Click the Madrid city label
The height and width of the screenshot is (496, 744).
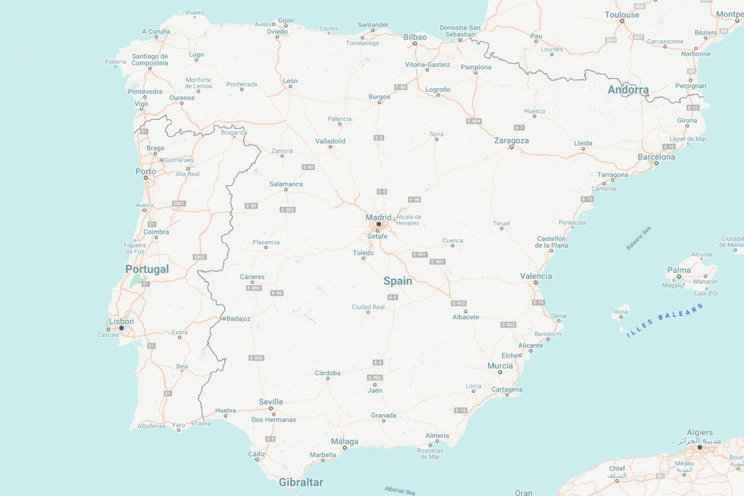pyautogui.click(x=378, y=217)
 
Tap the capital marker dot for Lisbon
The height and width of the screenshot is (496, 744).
pyautogui.click(x=122, y=328)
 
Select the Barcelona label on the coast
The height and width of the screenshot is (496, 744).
pyautogui.click(x=656, y=157)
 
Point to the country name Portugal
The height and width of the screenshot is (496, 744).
pyautogui.click(x=147, y=269)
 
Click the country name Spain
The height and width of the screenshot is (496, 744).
pyautogui.click(x=397, y=281)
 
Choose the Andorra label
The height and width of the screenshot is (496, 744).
pyautogui.click(x=628, y=90)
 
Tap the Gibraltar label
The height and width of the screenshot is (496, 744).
pyautogui.click(x=301, y=482)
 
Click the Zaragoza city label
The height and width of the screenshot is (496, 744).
pyautogui.click(x=511, y=141)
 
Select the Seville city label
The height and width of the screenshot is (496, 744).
pyautogui.click(x=271, y=402)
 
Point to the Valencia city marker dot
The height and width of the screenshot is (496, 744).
pyautogui.click(x=536, y=283)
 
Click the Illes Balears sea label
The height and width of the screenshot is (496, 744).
pyautogui.click(x=665, y=320)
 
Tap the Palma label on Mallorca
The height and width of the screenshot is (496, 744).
pyautogui.click(x=678, y=270)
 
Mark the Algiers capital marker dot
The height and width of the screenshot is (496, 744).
pyautogui.click(x=699, y=447)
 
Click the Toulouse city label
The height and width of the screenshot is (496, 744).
pyautogui.click(x=622, y=15)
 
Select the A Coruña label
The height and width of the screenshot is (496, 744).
pyautogui.click(x=156, y=32)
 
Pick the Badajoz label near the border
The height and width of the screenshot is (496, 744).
pyautogui.click(x=238, y=319)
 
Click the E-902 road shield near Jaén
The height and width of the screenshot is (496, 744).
pyautogui.click(x=374, y=378)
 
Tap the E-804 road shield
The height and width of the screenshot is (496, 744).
pyautogui.click(x=474, y=121)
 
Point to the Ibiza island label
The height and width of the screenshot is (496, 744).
pyautogui.click(x=619, y=311)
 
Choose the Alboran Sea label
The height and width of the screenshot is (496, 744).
pyautogui.click(x=400, y=490)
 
